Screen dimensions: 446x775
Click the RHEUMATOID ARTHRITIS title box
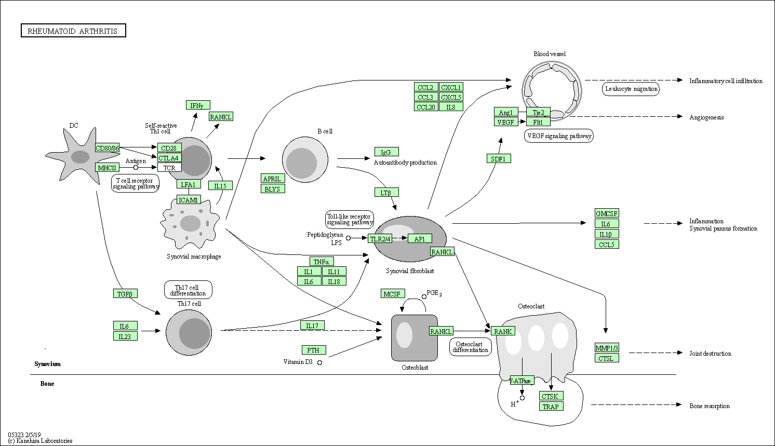(x=73, y=31)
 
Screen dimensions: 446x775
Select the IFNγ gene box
(x=198, y=105)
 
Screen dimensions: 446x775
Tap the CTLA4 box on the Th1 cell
(x=169, y=158)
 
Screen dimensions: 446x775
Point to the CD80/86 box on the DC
(x=107, y=148)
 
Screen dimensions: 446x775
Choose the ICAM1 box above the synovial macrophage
(x=189, y=200)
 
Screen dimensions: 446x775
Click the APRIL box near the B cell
(x=273, y=179)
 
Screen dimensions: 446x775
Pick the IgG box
(x=386, y=152)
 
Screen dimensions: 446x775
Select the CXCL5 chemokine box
(x=451, y=97)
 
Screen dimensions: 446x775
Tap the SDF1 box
(x=499, y=159)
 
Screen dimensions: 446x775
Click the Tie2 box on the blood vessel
(x=538, y=112)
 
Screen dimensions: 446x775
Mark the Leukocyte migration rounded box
(x=631, y=89)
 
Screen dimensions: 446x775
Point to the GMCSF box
(x=607, y=213)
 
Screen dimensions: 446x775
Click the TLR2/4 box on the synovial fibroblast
(x=380, y=239)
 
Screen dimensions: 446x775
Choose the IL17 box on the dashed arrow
(x=312, y=326)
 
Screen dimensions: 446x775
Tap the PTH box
(x=313, y=350)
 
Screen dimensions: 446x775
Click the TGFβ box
(x=125, y=294)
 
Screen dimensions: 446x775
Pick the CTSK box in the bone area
(x=551, y=396)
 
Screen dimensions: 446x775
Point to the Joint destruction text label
(x=710, y=354)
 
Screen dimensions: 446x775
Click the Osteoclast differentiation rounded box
(x=470, y=346)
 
